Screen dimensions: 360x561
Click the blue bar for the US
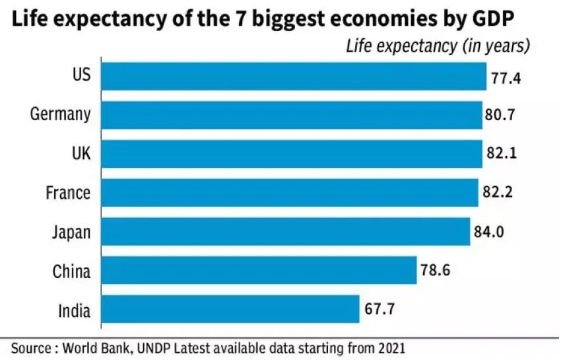pos(294,76)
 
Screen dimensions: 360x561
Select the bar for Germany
pos(292,114)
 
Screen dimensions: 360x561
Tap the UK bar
pos(292,153)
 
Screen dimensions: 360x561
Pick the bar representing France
pos(290,192)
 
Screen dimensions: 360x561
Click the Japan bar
pos(286,231)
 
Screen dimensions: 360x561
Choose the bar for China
pos(260,270)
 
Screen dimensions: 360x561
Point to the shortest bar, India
pos(231,309)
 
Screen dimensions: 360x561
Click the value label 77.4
pos(506,78)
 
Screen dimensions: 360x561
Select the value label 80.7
pos(501,116)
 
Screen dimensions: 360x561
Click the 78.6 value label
pos(436,271)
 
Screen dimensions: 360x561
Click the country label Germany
pos(60,114)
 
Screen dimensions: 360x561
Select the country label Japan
pos(71,232)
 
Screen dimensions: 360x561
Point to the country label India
pos(73,310)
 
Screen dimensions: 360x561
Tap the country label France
pos(68,193)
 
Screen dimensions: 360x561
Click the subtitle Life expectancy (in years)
pos(437,46)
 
